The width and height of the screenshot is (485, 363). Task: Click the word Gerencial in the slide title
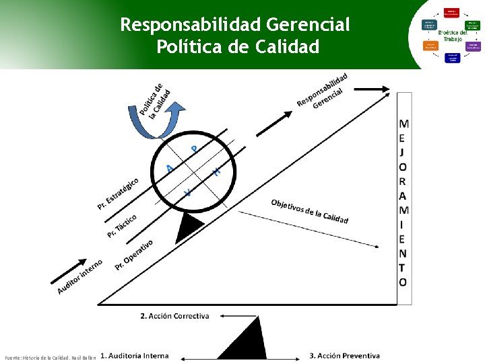click(x=308, y=26)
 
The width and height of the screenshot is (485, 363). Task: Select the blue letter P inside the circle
click(x=195, y=149)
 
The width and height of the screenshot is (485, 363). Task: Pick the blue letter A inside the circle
click(x=170, y=168)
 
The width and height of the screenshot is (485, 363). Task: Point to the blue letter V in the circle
click(x=188, y=193)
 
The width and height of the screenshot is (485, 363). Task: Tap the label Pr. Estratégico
click(x=119, y=194)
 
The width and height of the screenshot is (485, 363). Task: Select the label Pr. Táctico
click(x=122, y=226)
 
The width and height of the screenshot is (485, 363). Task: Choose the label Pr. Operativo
click(x=134, y=254)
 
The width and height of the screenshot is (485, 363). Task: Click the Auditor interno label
click(x=80, y=276)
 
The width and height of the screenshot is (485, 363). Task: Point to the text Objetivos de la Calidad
click(x=309, y=212)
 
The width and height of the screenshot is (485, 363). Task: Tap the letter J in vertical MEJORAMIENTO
click(x=402, y=153)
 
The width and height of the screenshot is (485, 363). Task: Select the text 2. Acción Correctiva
click(x=174, y=315)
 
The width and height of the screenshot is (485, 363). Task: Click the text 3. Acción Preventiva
click(x=344, y=356)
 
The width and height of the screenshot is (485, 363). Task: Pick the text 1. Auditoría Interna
click(x=135, y=356)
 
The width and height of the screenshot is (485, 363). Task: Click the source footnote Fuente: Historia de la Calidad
click(x=51, y=356)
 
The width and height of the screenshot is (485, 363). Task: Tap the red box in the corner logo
click(x=451, y=12)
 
